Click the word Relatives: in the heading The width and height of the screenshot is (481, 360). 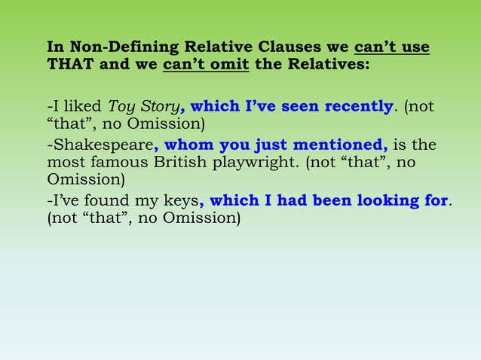pos(326,64)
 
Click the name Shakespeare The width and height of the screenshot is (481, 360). pos(102,145)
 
